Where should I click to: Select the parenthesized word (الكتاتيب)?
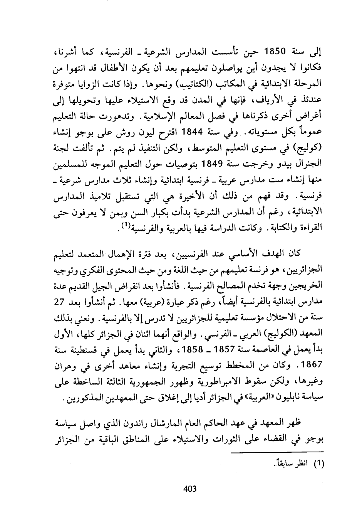point(206,84)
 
